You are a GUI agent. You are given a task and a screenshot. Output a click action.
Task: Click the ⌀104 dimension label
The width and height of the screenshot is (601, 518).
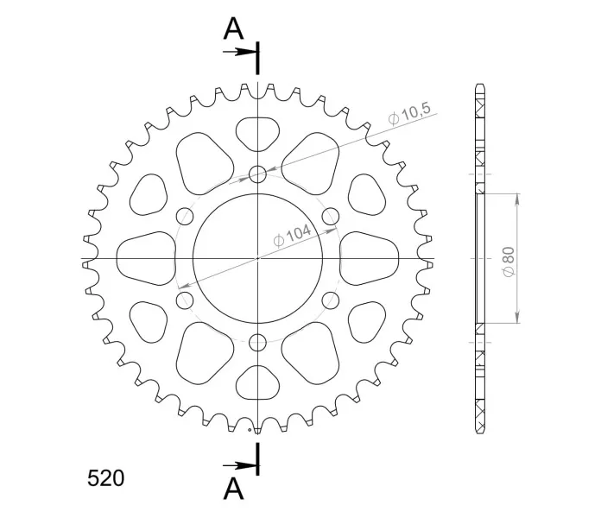click(292, 235)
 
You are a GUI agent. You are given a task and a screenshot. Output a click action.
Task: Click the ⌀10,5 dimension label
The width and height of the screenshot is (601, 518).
click(409, 113)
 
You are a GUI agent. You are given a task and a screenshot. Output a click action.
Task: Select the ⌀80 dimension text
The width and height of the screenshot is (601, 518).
click(509, 262)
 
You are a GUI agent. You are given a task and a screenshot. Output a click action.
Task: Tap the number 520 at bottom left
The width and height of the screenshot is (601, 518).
click(106, 478)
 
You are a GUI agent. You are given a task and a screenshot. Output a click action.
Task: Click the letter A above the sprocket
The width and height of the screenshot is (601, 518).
click(233, 28)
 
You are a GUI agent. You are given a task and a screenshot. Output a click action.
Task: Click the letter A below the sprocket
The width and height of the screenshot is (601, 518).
click(233, 490)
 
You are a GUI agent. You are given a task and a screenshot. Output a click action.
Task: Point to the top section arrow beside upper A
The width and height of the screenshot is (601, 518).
click(240, 52)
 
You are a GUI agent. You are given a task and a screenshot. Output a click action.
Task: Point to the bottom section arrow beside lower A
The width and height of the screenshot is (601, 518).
click(240, 466)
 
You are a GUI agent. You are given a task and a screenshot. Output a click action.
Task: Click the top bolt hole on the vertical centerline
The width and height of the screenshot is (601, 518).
click(257, 174)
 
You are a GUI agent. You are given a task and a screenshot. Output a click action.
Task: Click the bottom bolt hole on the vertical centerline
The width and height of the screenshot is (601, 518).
click(257, 343)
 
